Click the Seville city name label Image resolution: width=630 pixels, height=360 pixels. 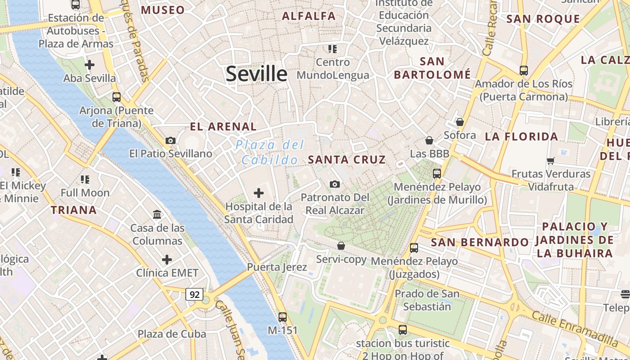click(x=256, y=73)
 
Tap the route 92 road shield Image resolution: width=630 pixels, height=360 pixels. click(x=194, y=295)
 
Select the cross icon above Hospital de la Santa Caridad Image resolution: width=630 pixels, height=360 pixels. click(x=259, y=193)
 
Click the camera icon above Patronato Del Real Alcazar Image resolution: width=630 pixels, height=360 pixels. click(x=334, y=184)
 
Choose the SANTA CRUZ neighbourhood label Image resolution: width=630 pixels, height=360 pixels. click(x=347, y=159)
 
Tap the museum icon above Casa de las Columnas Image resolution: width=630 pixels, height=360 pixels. click(x=157, y=215)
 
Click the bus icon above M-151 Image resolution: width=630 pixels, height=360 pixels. click(x=283, y=317)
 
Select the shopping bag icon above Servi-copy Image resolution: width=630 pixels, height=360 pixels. click(x=341, y=246)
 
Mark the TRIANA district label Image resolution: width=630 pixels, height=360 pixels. click(x=74, y=210)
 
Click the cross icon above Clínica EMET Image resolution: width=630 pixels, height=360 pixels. click(x=167, y=260)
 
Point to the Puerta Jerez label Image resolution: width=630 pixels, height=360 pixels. click(x=277, y=267)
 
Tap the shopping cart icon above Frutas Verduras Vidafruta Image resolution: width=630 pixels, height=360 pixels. click(x=550, y=161)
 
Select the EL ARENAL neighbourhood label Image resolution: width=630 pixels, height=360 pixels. click(x=223, y=126)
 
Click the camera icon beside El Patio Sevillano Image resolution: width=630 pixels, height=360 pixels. click(x=170, y=140)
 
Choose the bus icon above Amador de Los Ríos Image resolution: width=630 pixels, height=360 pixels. click(x=523, y=71)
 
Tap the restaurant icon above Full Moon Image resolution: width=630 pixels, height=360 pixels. click(x=85, y=180)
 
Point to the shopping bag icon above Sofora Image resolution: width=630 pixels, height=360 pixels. click(x=459, y=122)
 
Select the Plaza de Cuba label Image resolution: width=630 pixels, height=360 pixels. click(x=172, y=334)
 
